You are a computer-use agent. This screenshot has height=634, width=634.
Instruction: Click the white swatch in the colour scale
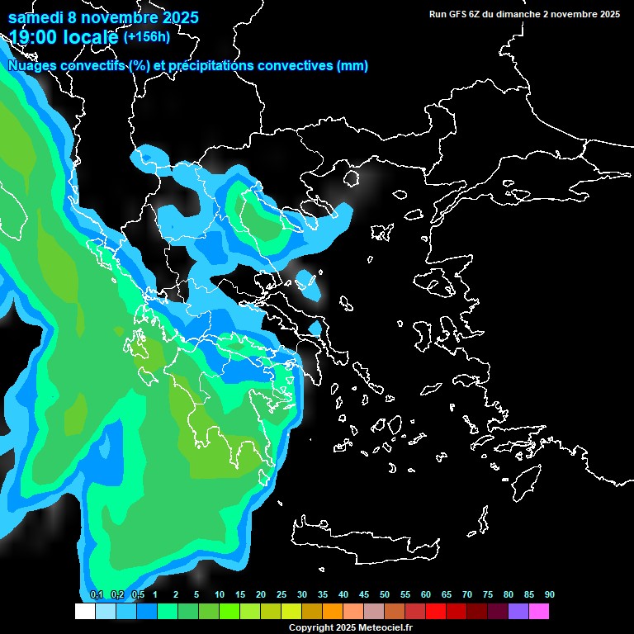85,611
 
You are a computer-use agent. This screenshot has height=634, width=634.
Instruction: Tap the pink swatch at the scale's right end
539,611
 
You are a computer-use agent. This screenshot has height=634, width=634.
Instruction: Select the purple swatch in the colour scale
518,611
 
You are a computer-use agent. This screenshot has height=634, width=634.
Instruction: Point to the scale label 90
550,595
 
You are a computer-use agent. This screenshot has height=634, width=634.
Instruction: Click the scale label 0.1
97,595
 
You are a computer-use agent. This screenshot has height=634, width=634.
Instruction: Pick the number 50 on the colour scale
385,595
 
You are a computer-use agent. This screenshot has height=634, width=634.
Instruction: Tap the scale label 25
282,595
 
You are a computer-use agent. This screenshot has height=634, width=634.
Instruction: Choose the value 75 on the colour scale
488,595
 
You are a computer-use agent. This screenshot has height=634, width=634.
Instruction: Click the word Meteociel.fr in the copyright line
386,628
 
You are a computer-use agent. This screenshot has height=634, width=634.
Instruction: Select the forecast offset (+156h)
147,36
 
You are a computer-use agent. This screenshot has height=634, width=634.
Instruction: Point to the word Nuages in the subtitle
32,66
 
